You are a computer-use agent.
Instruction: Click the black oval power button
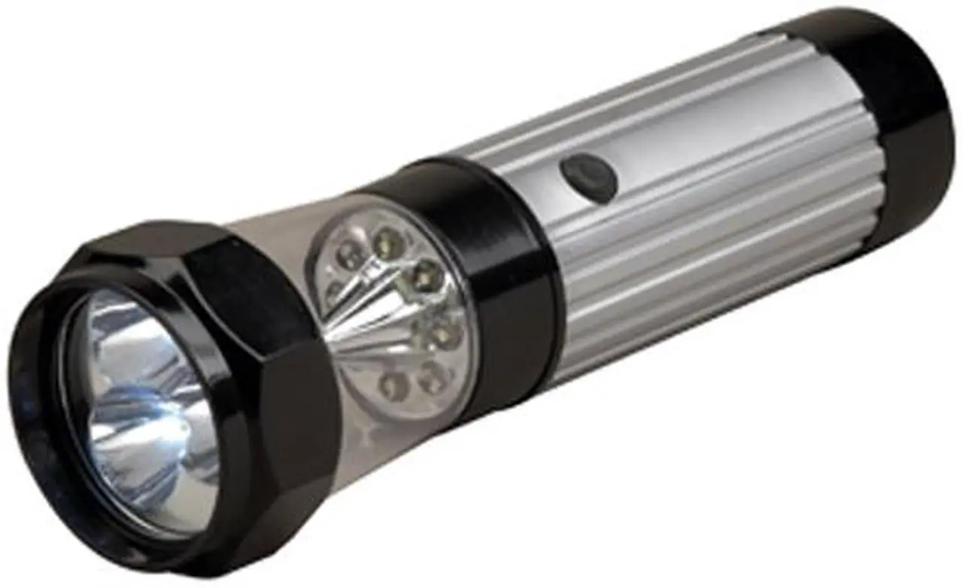588,177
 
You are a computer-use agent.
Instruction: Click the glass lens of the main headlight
143,407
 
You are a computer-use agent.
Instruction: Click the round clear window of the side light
391,309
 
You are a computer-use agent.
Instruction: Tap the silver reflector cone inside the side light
369,316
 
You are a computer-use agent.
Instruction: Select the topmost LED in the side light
386,242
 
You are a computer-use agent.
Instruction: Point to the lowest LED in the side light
393,385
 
